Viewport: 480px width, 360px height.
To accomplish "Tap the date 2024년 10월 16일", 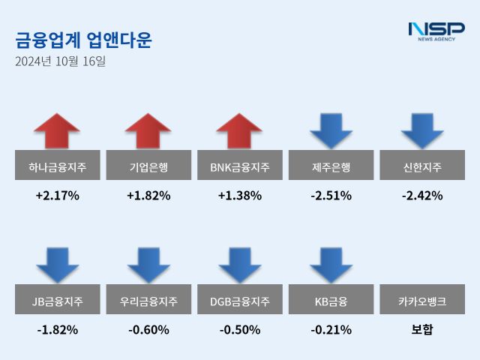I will point(60,61).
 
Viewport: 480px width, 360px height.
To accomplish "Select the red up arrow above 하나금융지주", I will point(57,130).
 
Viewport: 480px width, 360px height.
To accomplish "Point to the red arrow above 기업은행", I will point(148,130).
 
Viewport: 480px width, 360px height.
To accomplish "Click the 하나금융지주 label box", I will point(57,165).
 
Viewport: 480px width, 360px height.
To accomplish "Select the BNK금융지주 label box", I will point(240,165).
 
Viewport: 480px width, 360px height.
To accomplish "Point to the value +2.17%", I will point(57,196).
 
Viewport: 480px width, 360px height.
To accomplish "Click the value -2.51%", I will point(331,196).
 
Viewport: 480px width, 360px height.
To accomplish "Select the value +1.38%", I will point(240,196).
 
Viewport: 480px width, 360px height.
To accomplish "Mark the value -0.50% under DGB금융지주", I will point(240,330).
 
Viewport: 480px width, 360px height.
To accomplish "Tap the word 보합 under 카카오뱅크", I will point(422,330).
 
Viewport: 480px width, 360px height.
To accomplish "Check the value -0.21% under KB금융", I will point(331,330).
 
